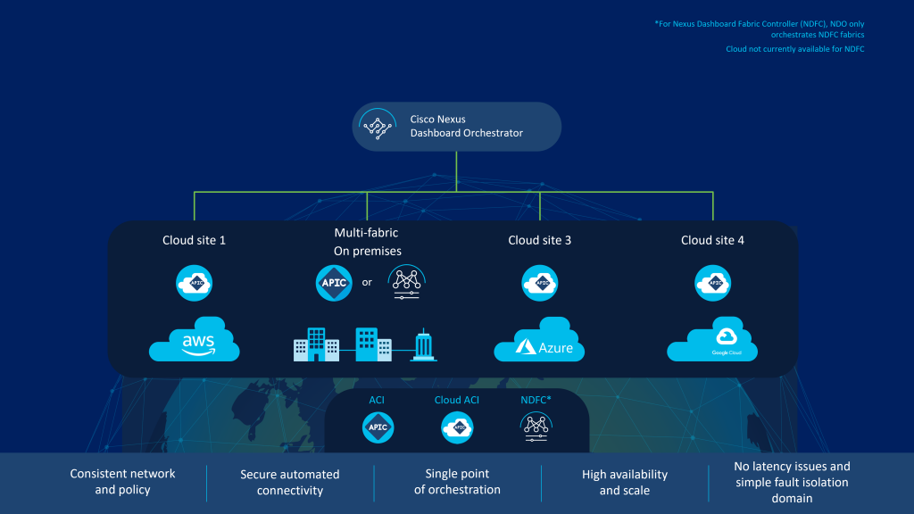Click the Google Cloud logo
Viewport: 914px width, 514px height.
[x=712, y=340]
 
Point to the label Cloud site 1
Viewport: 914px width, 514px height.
[x=194, y=240]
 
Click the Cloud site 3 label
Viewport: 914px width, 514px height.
[x=539, y=240]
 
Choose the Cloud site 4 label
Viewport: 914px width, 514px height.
[x=712, y=240]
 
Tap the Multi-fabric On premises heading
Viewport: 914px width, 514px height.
[x=367, y=242]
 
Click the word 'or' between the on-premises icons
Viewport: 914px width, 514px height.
[x=367, y=283]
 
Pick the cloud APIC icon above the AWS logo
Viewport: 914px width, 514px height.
[x=195, y=283]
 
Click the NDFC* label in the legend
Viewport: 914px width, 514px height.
[x=536, y=400]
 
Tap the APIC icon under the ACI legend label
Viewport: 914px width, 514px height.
[x=377, y=428]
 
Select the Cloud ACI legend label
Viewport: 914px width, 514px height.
[x=457, y=400]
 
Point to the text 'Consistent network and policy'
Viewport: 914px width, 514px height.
[x=123, y=482]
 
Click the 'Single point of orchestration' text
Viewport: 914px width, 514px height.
[x=457, y=482]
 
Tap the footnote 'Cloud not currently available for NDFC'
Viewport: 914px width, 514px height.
[x=795, y=49]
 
